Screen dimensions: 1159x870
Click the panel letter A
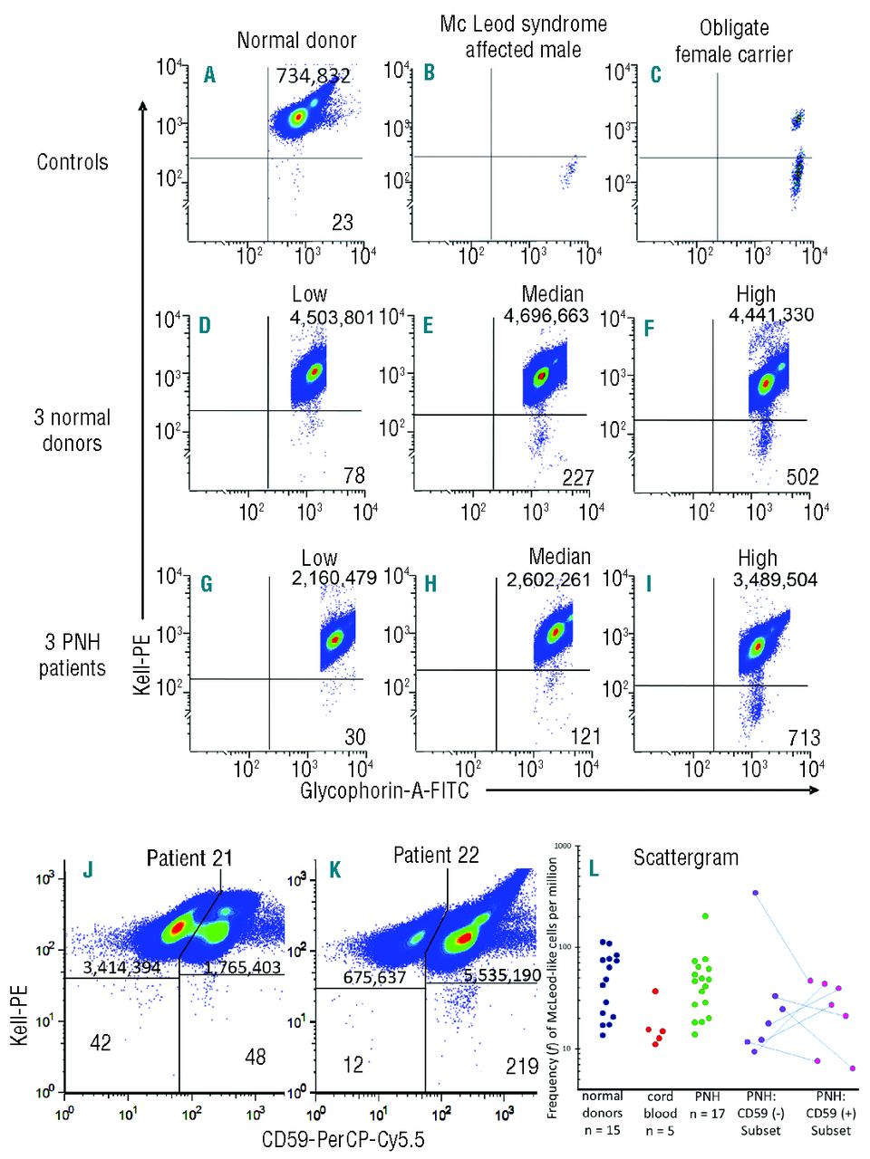coord(209,74)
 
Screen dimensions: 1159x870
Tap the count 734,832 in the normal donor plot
coord(313,77)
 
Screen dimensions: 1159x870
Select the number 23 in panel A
coord(342,222)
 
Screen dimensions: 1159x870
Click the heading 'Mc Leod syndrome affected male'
coord(523,36)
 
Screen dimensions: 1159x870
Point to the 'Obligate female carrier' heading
coord(734,41)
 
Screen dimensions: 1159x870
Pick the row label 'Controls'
coord(72,162)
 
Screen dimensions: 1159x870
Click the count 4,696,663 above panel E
coord(546,315)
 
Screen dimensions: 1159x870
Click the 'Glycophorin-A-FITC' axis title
coord(385,790)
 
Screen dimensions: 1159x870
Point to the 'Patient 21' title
coord(189,857)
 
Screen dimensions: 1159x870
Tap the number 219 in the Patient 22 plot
coord(522,1067)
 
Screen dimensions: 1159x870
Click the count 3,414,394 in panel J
coord(121,967)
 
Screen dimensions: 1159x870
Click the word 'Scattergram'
coord(685,857)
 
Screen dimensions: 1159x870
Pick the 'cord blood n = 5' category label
coord(660,1113)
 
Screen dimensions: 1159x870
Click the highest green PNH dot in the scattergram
coord(705,916)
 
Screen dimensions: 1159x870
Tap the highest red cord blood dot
coord(655,991)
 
